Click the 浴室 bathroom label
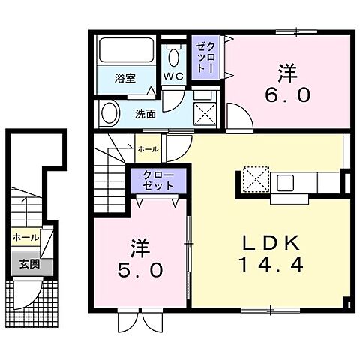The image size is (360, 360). (x=124, y=76)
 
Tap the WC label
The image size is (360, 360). (x=173, y=76)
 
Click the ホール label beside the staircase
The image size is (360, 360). (x=148, y=149)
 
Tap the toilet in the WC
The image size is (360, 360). (x=174, y=55)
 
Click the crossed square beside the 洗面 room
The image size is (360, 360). (x=205, y=115)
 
